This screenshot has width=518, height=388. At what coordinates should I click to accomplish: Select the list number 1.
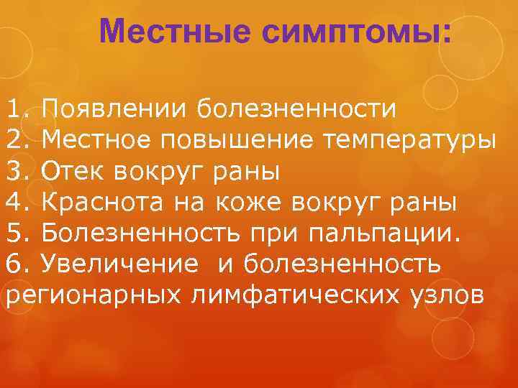17,110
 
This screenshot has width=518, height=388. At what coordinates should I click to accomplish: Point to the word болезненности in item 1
296,110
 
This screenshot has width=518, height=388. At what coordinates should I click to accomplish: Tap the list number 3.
17,172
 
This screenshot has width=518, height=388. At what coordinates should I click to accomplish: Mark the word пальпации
379,234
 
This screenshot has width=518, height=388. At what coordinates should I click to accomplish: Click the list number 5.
17,234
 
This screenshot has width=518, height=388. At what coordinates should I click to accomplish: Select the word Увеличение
119,264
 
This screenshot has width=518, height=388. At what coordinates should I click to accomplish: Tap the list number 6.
17,264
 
